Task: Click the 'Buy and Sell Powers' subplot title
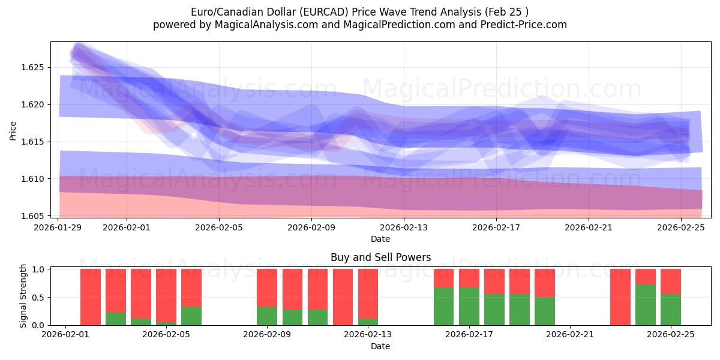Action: [380, 258]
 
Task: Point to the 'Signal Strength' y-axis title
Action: [23, 296]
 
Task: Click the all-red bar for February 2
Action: [91, 297]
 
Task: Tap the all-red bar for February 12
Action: [343, 297]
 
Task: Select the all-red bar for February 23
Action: [620, 297]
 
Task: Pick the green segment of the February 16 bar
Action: [444, 306]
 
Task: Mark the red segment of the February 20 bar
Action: [545, 283]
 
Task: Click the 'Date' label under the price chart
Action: [380, 239]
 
